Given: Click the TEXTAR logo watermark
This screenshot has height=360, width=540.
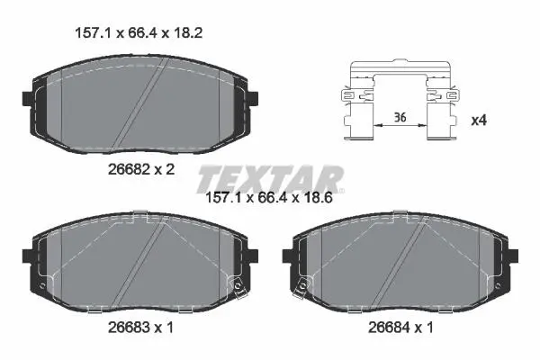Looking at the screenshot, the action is pos(271,179).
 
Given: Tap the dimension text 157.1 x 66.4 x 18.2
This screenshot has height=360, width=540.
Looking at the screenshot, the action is pos(139,33).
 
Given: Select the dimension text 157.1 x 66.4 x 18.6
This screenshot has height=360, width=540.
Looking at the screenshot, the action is pos(268,198).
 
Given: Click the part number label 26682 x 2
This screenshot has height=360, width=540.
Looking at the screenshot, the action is pos(141,169).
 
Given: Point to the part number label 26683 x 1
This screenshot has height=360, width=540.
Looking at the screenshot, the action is pos(141,328).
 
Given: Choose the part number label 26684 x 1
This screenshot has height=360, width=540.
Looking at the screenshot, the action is pos(400,328).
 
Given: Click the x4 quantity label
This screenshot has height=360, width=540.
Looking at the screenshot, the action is pos(479,121).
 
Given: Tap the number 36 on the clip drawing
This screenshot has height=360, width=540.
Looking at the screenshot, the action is pos(400,118).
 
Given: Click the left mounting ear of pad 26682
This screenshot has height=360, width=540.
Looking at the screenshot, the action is pos(27,99).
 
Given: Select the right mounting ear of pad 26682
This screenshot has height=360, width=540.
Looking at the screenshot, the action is pos(253,99).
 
